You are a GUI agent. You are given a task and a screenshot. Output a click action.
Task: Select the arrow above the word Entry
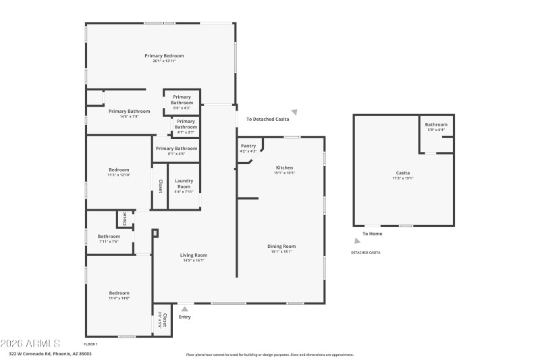click(x=184, y=309)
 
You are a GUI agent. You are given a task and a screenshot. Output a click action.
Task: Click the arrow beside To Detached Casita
click(x=294, y=112)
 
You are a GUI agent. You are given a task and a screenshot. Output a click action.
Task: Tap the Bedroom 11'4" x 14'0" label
click(x=119, y=295)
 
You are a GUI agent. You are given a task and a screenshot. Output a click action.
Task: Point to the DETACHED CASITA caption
click(x=365, y=252)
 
